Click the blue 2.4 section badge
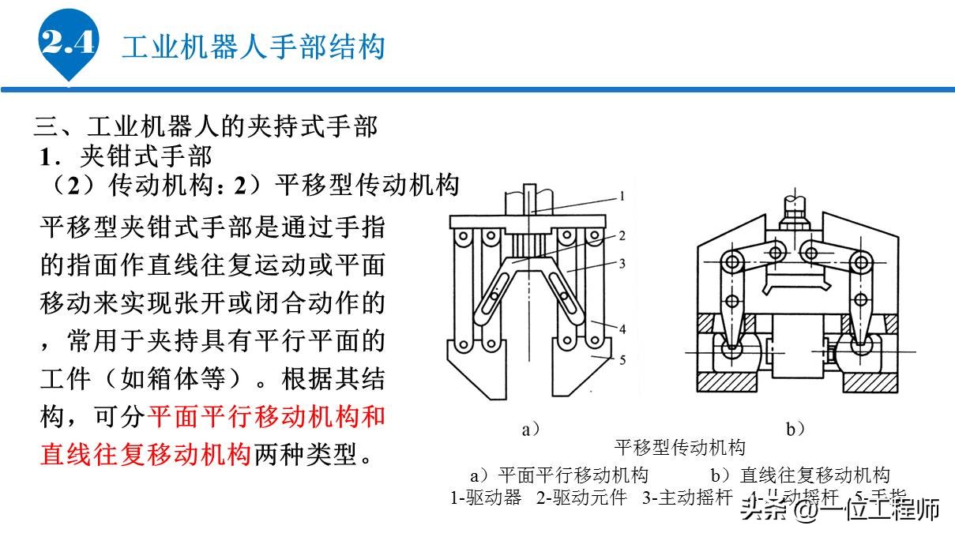[x=68, y=43]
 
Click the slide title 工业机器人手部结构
[x=253, y=47]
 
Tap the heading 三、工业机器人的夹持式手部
[x=205, y=126]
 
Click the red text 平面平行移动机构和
[x=267, y=415]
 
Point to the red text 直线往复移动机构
[x=146, y=454]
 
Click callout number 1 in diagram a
[x=622, y=197]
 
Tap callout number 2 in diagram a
[x=622, y=235]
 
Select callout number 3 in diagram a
[x=622, y=263]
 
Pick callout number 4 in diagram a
[x=622, y=328]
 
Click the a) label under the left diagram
[x=532, y=430]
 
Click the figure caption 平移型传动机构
[x=679, y=448]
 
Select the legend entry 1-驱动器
[x=486, y=498]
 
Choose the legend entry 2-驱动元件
[x=581, y=498]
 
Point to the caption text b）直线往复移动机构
[x=800, y=475]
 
